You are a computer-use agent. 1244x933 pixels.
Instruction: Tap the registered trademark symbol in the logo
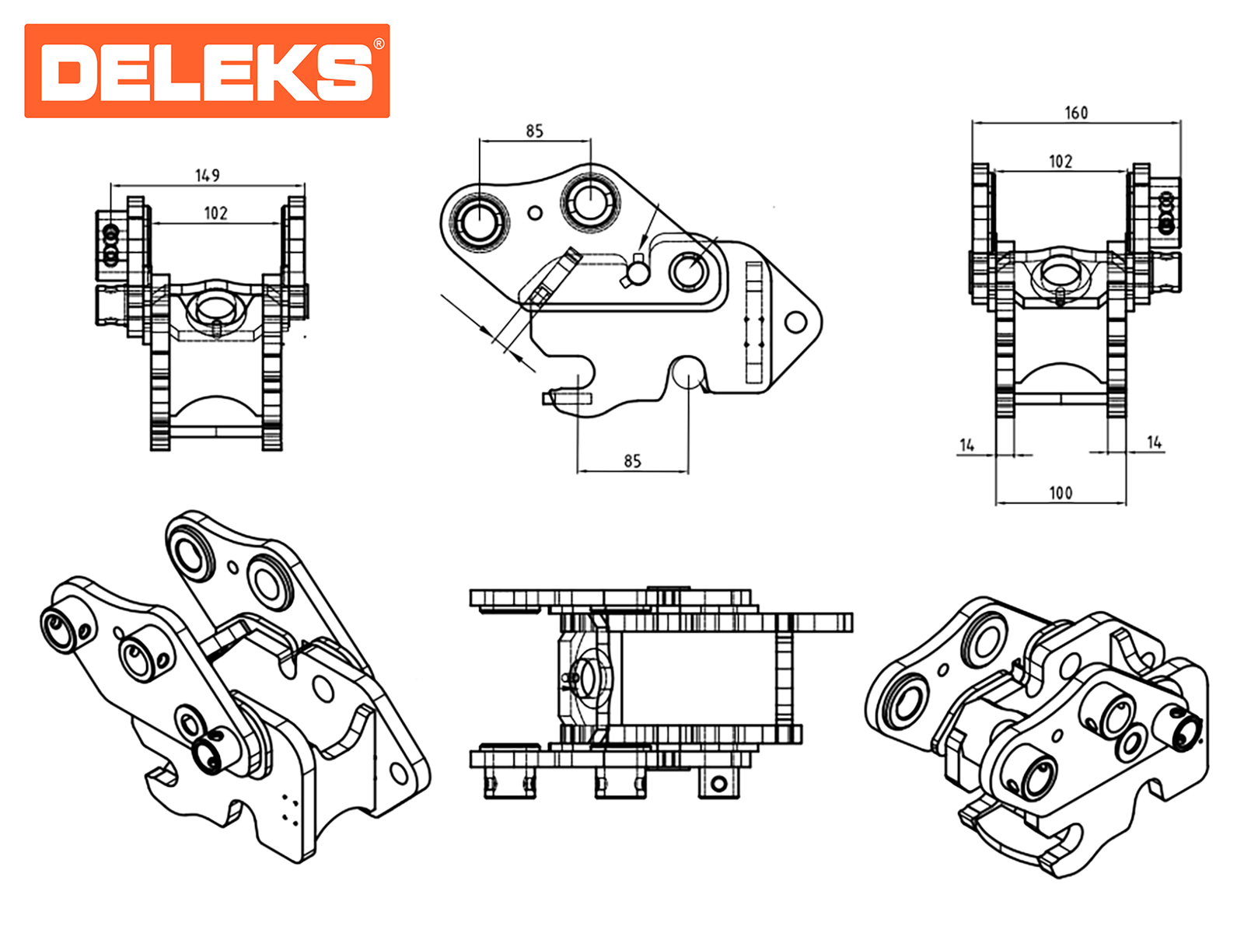pos(379,44)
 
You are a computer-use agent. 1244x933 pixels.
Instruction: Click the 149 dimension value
pos(207,176)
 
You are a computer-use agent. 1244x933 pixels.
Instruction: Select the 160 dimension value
pos(1076,113)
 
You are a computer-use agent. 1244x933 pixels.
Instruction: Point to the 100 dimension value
pos(1061,493)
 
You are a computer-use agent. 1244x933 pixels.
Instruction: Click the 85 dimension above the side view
pos(534,131)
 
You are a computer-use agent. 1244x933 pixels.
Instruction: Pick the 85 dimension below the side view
pos(632,461)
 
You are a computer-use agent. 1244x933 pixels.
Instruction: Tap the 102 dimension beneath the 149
pos(215,214)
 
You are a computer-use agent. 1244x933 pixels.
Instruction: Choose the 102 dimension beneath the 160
pos(1061,162)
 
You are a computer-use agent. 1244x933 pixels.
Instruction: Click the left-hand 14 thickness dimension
pos(967,446)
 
